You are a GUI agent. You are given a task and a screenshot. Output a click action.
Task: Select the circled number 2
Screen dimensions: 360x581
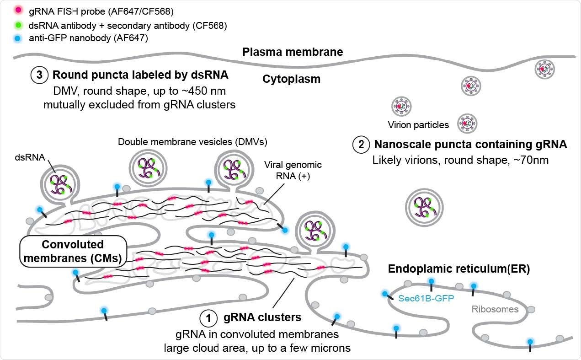tap(361, 145)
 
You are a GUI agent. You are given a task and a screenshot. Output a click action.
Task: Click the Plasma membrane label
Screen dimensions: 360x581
tap(292, 52)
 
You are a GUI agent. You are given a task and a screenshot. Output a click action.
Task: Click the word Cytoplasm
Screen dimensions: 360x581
tap(291, 79)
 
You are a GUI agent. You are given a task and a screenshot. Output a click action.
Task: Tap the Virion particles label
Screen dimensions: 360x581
tap(418, 124)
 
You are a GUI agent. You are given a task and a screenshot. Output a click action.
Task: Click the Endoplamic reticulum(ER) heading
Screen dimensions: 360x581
tap(458, 269)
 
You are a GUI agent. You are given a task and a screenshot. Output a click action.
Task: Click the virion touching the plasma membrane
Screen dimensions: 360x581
tap(547, 69)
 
